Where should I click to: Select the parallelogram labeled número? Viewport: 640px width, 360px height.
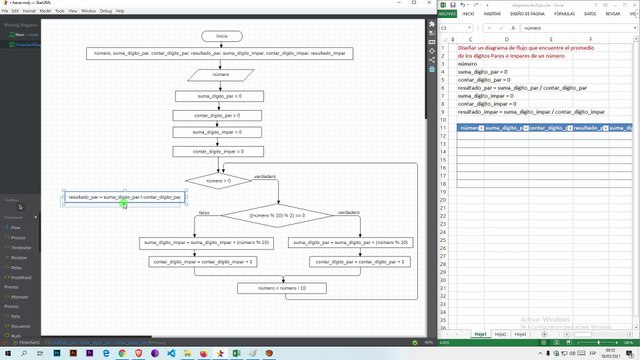pos(222,73)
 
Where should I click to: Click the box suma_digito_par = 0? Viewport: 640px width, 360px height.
pos(222,96)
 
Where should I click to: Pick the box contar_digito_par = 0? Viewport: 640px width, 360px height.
pos(222,115)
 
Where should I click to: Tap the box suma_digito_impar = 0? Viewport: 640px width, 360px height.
pos(222,132)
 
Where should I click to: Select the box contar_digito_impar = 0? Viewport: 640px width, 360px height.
pos(222,151)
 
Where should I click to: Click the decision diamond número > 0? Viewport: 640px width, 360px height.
pos(217,180)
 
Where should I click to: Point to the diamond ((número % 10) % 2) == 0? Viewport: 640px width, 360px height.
pos(263,214)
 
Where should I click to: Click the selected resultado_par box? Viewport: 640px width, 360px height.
pos(124,197)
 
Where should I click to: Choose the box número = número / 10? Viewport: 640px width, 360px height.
pos(282,288)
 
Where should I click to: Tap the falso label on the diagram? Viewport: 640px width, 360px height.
pos(204,212)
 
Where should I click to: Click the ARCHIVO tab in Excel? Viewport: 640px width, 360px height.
pos(446,15)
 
